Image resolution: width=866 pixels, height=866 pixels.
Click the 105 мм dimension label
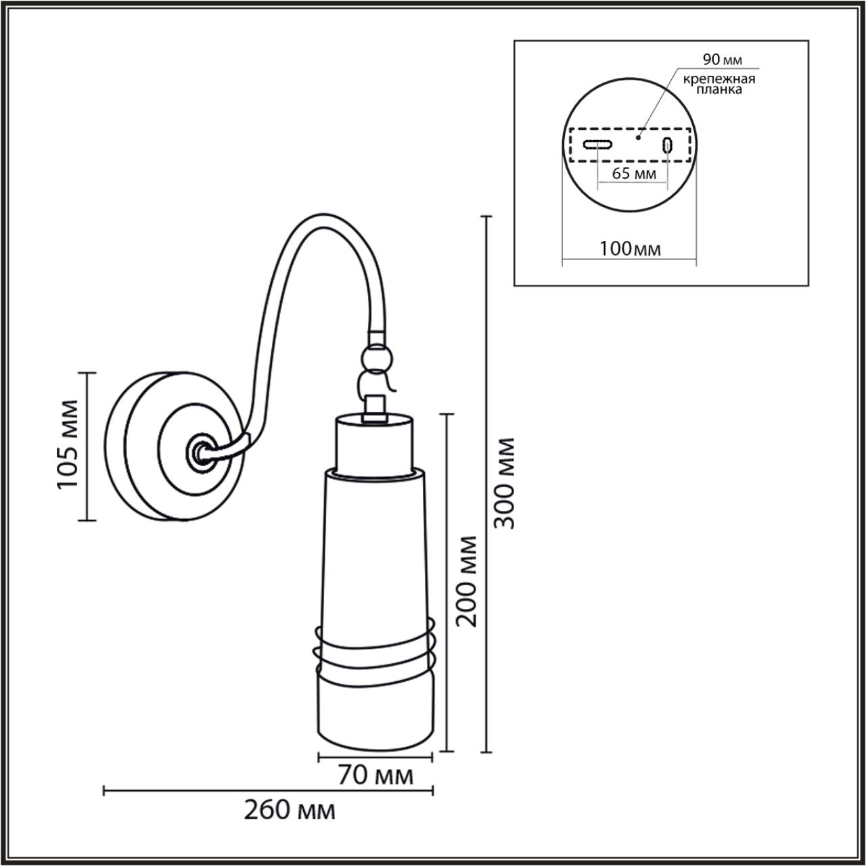(x=68, y=445)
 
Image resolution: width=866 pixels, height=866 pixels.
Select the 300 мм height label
(x=503, y=483)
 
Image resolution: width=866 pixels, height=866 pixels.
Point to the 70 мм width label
(x=375, y=775)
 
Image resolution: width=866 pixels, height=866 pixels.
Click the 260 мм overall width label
(x=290, y=809)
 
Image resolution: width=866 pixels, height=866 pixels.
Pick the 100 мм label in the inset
(x=630, y=248)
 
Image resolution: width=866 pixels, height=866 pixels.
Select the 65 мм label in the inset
(x=633, y=173)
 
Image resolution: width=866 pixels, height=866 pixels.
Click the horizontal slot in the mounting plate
(x=598, y=144)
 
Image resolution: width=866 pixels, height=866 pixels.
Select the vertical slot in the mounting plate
(x=668, y=145)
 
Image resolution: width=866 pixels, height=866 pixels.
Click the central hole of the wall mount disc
(x=200, y=451)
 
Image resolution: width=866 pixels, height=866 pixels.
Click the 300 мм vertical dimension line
(x=485, y=483)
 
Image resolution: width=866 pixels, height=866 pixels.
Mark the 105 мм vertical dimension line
(x=87, y=446)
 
